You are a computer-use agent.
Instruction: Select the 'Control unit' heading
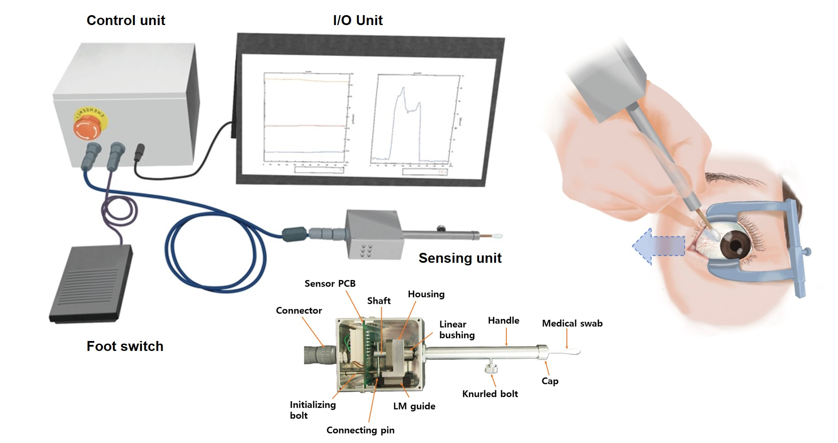tap(126, 20)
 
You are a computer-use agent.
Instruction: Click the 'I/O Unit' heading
tap(358, 20)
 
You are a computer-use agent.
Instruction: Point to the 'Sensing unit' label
tap(460, 258)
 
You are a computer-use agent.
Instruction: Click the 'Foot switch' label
tap(125, 346)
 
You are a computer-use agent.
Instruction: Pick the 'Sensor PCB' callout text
tap(330, 284)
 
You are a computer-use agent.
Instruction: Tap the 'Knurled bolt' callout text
tap(490, 394)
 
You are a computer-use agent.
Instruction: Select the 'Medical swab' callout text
tap(572, 323)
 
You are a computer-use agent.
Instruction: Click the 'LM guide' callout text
tap(414, 406)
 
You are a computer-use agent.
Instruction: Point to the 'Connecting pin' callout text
tap(360, 430)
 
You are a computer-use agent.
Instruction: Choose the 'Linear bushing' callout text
tap(457, 329)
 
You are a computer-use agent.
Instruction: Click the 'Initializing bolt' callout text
tap(312, 410)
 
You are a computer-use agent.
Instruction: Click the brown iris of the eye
tap(736, 244)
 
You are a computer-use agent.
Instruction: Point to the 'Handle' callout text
tap(503, 320)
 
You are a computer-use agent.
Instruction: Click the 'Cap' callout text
tap(550, 381)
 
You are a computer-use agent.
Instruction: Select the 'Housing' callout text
tap(426, 294)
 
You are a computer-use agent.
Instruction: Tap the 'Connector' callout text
tap(299, 310)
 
